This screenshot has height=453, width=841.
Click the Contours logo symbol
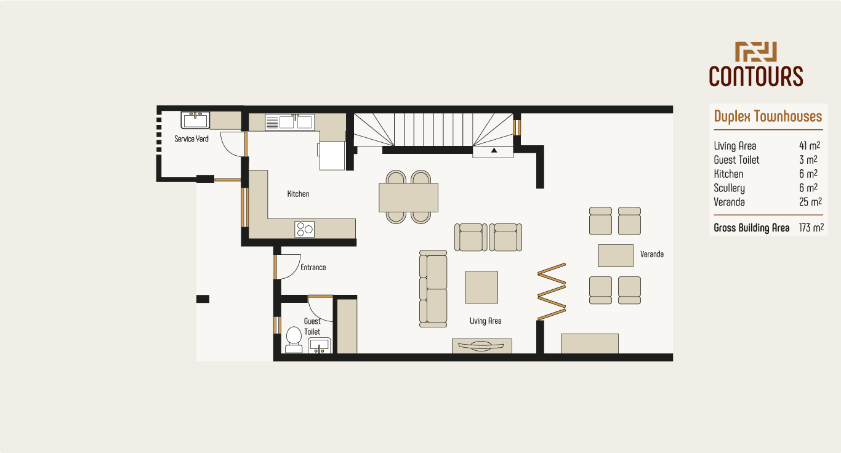tap(756, 52)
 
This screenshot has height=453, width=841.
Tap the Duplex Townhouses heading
tap(768, 116)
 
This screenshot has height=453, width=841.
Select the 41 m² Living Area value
tap(809, 146)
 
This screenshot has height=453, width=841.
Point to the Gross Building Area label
tap(751, 228)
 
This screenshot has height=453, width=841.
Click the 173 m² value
tap(811, 228)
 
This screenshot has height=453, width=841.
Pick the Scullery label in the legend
tap(729, 188)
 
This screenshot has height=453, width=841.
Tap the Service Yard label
tap(191, 139)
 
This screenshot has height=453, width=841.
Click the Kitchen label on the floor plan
tap(298, 194)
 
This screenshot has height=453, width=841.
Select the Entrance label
tap(313, 268)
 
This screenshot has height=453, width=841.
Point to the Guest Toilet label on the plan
tap(312, 326)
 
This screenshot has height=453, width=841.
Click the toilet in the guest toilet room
tap(294, 339)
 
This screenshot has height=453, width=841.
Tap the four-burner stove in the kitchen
tap(305, 229)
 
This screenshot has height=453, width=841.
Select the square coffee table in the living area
tap(481, 287)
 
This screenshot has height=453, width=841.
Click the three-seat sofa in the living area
tap(433, 288)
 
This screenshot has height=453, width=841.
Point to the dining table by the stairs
tap(409, 197)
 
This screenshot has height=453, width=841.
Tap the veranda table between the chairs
tap(616, 255)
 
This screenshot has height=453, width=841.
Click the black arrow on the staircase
tap(493, 150)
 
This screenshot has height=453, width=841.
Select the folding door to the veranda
tap(552, 292)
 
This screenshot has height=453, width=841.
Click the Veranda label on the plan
tap(652, 254)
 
